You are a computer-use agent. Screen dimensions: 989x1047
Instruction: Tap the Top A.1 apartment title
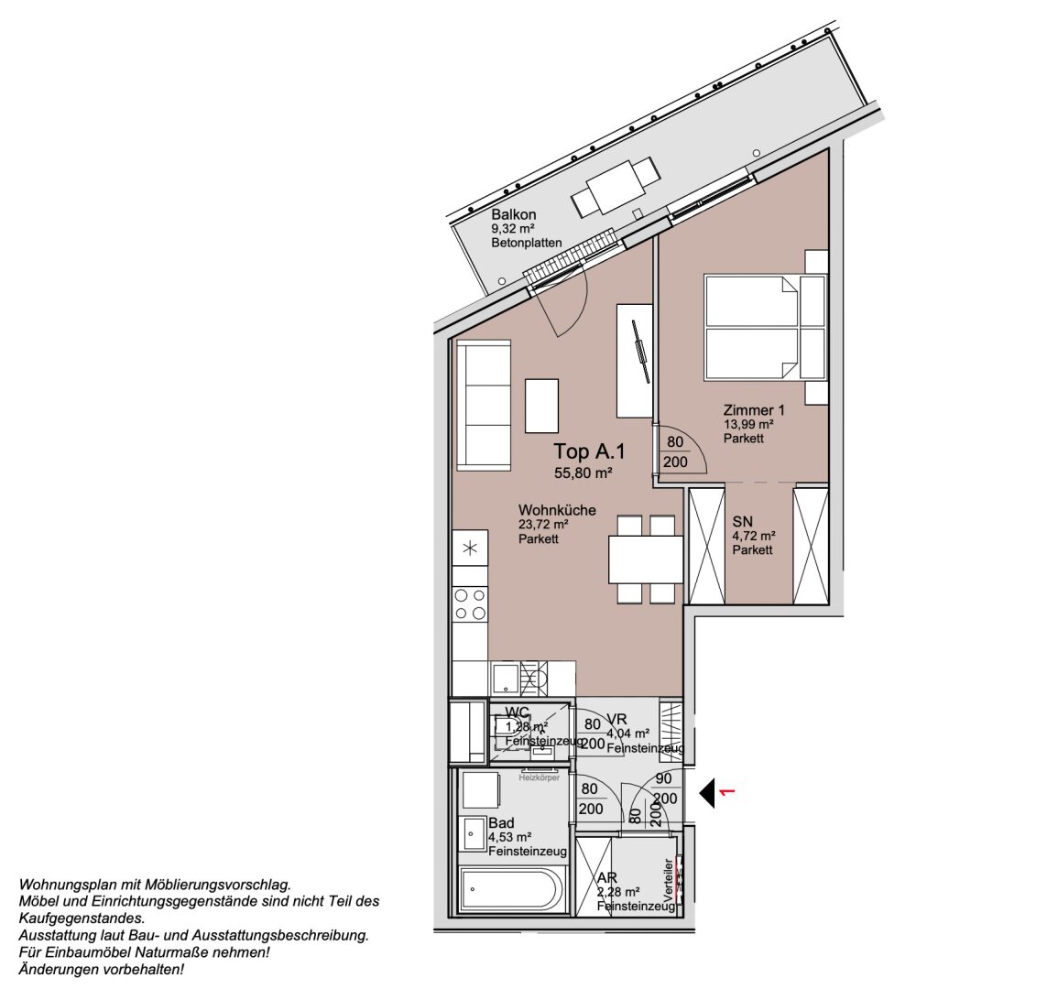point(590,451)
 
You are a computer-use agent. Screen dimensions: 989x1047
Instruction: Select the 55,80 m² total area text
point(583,473)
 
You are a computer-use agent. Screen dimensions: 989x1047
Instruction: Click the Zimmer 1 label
point(754,410)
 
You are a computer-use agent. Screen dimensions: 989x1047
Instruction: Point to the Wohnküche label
point(557,510)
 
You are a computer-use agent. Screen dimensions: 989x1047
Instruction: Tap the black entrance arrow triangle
point(708,792)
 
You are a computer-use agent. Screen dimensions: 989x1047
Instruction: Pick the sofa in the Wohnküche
point(483,404)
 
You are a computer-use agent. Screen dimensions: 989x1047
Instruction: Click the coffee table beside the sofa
point(541,406)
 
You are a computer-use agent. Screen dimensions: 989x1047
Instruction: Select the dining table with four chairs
point(646,559)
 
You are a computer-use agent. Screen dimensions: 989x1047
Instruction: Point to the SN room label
point(742,520)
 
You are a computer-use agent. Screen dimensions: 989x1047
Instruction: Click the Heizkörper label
point(539,777)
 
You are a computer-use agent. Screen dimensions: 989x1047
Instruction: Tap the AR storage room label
point(605,878)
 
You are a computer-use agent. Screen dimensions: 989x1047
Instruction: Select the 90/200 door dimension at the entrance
point(665,788)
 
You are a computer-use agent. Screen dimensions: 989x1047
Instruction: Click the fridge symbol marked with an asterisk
point(471,549)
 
